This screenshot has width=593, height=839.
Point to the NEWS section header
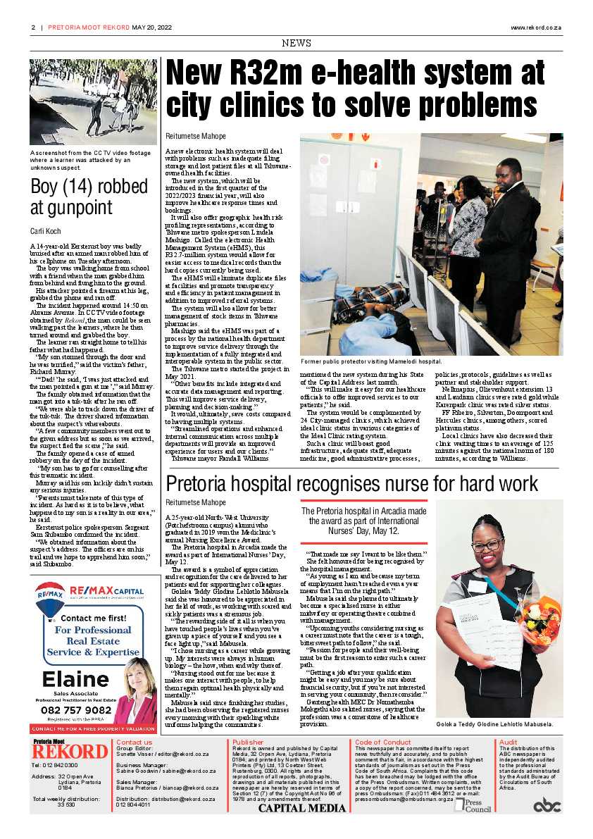click(296, 43)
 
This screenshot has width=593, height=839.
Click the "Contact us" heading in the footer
click(134, 742)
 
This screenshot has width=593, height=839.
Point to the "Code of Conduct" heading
click(382, 742)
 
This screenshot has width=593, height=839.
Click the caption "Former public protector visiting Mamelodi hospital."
click(371, 361)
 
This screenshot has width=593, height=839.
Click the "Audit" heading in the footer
click(508, 742)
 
